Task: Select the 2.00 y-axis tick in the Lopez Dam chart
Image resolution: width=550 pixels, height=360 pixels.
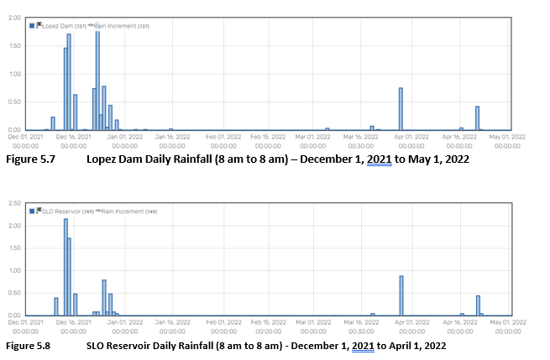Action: point(14,18)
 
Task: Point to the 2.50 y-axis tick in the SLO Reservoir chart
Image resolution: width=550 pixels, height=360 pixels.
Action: point(14,203)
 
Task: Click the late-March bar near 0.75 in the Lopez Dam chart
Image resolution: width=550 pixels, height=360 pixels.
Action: point(401,108)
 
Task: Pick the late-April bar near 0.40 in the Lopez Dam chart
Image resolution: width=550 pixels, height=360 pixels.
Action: point(477,117)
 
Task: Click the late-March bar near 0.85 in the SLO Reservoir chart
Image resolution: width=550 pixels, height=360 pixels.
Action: point(401,295)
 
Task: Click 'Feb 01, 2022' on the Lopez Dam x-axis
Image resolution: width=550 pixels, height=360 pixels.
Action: point(223,136)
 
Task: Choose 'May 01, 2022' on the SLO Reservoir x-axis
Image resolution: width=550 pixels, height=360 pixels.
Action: point(508,321)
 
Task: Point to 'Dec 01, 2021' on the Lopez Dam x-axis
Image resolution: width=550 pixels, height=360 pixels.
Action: point(27,136)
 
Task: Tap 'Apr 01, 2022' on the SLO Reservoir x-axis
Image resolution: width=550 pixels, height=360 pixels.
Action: point(411,321)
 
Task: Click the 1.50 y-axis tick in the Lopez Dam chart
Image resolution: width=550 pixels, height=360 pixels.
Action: point(14,46)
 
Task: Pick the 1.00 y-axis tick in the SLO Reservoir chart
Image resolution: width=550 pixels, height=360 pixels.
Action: point(14,270)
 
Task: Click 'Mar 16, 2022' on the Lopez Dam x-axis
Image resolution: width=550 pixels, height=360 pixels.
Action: point(362,136)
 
